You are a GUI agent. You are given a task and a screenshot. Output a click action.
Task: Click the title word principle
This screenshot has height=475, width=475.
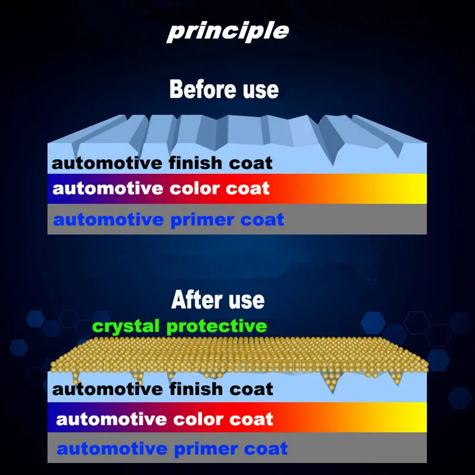(228, 31)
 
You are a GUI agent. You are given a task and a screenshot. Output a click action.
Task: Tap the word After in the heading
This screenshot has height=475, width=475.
(198, 299)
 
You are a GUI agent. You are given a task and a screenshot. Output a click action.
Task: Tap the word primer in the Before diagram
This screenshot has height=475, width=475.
(202, 220)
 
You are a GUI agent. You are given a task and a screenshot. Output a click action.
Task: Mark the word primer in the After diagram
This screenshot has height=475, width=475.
(205, 449)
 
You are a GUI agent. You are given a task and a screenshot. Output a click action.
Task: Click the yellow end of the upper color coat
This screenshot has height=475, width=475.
(420, 188)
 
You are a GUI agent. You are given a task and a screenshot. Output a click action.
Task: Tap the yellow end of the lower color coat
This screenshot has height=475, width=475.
(420, 417)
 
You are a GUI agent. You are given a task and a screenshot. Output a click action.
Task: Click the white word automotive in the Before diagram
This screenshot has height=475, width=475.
(108, 188)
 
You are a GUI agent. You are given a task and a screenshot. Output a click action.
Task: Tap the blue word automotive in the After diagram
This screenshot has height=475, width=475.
(112, 449)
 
